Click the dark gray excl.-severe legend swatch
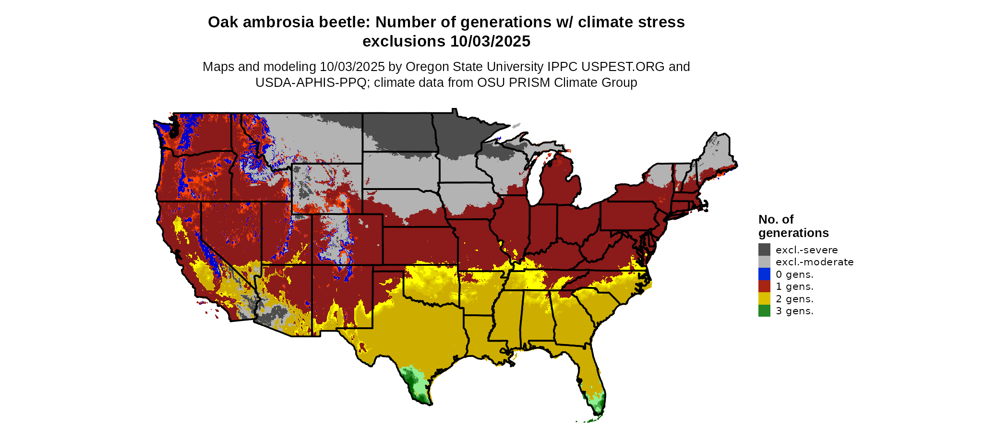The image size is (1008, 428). pyautogui.click(x=764, y=250)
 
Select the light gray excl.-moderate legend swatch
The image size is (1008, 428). pyautogui.click(x=764, y=262)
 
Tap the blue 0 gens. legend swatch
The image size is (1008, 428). pyautogui.click(x=764, y=274)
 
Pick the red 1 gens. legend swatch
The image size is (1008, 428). pyautogui.click(x=764, y=286)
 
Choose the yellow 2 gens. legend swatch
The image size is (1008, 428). pyautogui.click(x=764, y=298)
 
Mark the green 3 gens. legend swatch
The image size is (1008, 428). pyautogui.click(x=764, y=310)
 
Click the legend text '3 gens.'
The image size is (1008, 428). pyautogui.click(x=794, y=311)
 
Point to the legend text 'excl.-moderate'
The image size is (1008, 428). pyautogui.click(x=815, y=262)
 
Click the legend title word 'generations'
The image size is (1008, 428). pyautogui.click(x=793, y=233)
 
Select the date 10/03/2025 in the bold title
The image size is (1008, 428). pyautogui.click(x=490, y=41)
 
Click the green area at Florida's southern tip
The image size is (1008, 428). pyautogui.click(x=597, y=405)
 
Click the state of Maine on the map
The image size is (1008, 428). pyautogui.click(x=718, y=154)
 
